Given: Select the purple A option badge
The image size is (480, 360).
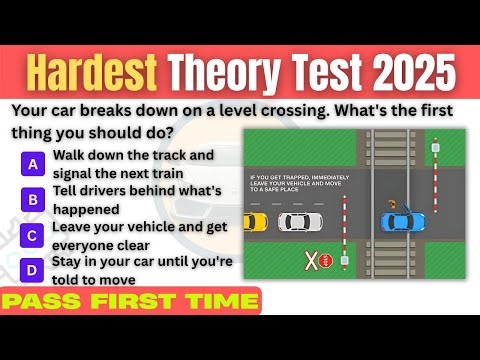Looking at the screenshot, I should pos(34,162).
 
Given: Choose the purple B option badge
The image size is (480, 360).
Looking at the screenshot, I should pos(34,199).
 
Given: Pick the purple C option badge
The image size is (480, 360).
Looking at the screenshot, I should pos(34,236).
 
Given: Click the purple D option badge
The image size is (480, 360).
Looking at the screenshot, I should pos(34,271).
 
